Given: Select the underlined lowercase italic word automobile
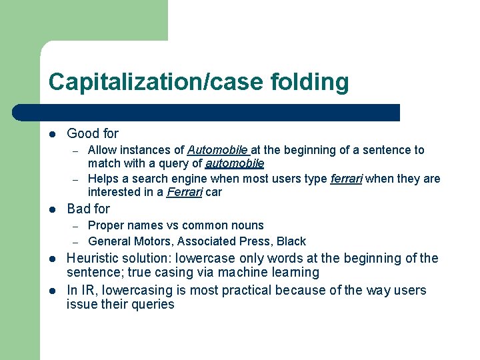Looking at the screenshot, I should pos(235,163).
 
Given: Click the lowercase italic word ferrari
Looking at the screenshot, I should pos(347,179).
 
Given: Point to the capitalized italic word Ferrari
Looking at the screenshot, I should pos(185,192).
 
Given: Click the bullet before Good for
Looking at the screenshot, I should pos(53,134).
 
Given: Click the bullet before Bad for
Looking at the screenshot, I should pos(53,209).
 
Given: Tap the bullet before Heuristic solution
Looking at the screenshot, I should pos(53,259).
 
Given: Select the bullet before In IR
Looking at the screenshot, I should pos(53,291).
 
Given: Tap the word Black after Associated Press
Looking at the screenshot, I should pos(291,241).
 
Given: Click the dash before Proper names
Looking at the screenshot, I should pos(77,226).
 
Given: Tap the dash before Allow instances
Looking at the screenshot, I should pos(77,151).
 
